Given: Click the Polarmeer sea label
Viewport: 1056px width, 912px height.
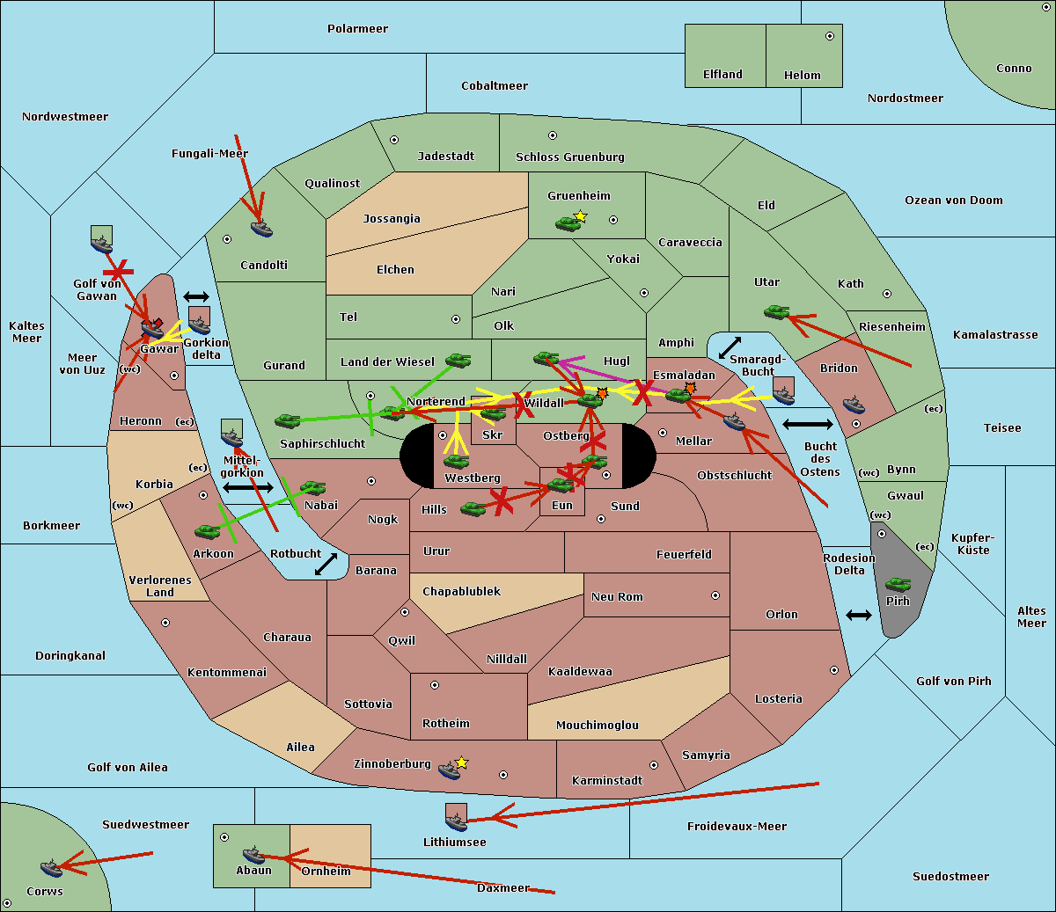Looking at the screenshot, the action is tap(357, 29).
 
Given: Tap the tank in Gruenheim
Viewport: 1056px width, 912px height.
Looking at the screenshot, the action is tap(568, 223).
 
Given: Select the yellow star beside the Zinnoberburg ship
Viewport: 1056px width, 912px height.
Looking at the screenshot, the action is tap(461, 762).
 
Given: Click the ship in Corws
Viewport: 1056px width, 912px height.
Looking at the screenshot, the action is tap(52, 867).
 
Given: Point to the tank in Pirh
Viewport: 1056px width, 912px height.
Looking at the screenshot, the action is tap(898, 584).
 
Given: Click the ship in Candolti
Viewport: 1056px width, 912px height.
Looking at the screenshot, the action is tap(261, 229).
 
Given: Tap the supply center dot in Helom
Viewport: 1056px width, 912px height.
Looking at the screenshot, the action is tap(830, 36).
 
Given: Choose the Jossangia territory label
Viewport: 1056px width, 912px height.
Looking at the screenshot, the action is tap(392, 219).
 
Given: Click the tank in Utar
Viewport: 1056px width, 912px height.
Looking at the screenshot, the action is tap(776, 312).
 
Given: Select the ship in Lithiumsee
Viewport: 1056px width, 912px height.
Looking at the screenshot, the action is tap(456, 822).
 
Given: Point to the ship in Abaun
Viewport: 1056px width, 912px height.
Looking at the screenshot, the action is tap(253, 855).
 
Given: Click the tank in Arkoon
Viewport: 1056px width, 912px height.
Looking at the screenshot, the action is tap(208, 532).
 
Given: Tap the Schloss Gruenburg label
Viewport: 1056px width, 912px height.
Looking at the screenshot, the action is tap(569, 157).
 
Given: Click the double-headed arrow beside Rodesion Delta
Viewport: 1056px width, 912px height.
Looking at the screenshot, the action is tap(859, 616).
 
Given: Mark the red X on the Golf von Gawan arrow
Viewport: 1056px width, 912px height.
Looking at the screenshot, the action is tap(119, 272).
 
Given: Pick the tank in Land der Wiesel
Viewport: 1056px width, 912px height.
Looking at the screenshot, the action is tap(458, 361).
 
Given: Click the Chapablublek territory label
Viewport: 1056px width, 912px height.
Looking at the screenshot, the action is tap(461, 591).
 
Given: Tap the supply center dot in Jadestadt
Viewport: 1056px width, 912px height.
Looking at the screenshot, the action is tap(394, 140).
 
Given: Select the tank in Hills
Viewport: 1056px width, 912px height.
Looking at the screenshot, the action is tap(473, 508).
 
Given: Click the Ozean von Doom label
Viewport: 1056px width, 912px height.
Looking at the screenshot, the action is tap(953, 201).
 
